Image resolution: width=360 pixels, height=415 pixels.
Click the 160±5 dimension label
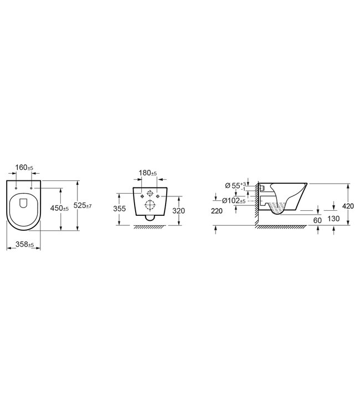pos(24,168)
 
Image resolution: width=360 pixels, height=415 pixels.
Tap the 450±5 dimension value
pos(59,208)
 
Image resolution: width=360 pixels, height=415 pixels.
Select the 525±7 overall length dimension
pos(83,205)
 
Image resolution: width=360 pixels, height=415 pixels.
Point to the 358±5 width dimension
pos(24,245)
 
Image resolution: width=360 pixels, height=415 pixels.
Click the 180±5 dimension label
pos(147,173)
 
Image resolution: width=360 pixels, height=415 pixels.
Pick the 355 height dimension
pos(120,209)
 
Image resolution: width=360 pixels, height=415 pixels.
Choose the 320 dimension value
pos(178,211)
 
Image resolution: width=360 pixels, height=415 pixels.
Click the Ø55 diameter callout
pos(235,185)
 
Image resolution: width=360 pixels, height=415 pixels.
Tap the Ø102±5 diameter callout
pos(234,201)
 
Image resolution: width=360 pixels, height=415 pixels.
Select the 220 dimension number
pos(217,211)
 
